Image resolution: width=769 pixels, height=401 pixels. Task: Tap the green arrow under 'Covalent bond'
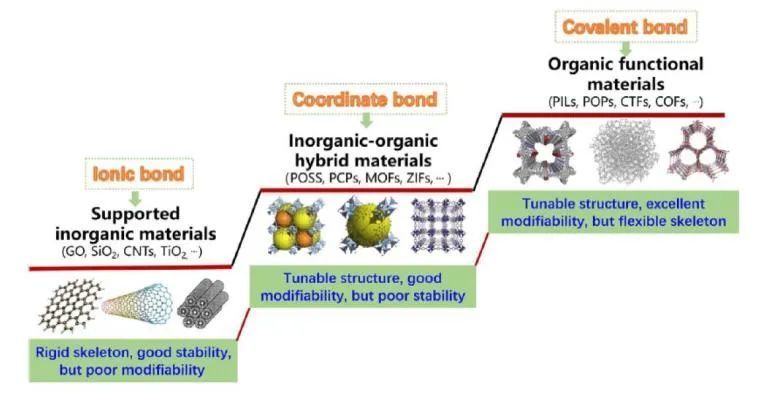[x=625, y=46]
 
